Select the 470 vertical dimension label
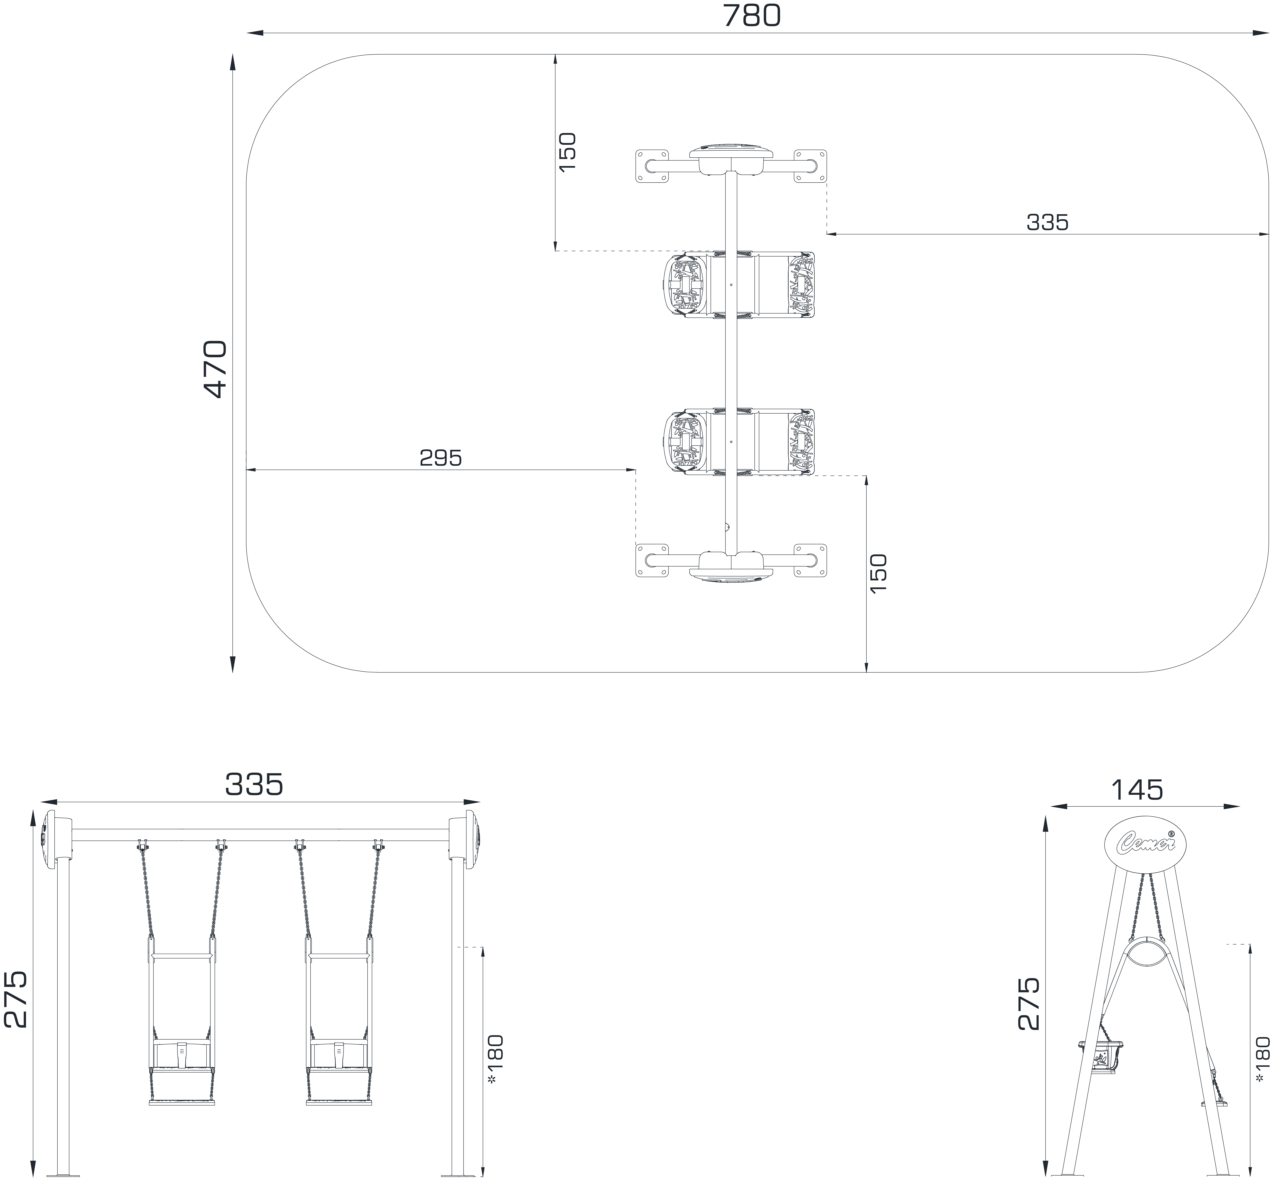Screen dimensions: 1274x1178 [216, 369]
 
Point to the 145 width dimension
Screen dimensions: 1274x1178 [1137, 790]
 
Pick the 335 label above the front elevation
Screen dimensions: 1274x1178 [254, 785]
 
